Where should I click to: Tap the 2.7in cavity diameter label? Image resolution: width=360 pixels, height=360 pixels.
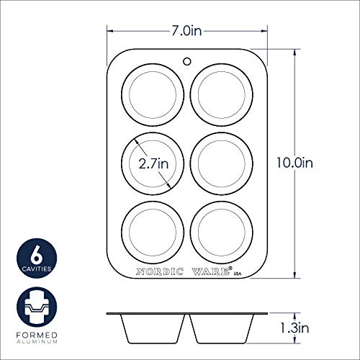153,163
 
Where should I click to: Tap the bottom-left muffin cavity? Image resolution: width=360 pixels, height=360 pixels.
152,232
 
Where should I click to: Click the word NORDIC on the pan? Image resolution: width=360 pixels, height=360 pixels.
160,272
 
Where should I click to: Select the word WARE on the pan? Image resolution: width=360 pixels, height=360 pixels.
211,272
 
